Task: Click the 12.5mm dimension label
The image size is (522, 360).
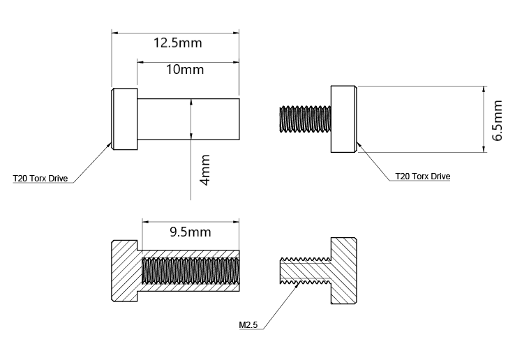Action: tap(177, 43)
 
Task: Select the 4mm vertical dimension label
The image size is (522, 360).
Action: tap(205, 170)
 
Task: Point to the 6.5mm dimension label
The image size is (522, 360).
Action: tap(497, 121)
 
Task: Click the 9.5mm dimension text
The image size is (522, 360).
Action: tap(191, 232)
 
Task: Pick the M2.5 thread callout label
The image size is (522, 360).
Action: tap(249, 324)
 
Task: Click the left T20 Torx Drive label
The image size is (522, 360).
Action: tap(40, 179)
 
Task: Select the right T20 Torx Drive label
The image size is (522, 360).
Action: tap(423, 177)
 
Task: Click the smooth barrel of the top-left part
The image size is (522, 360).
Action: tap(167, 119)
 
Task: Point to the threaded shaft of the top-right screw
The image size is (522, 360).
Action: tap(304, 119)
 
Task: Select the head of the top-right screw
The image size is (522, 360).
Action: tap(343, 119)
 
